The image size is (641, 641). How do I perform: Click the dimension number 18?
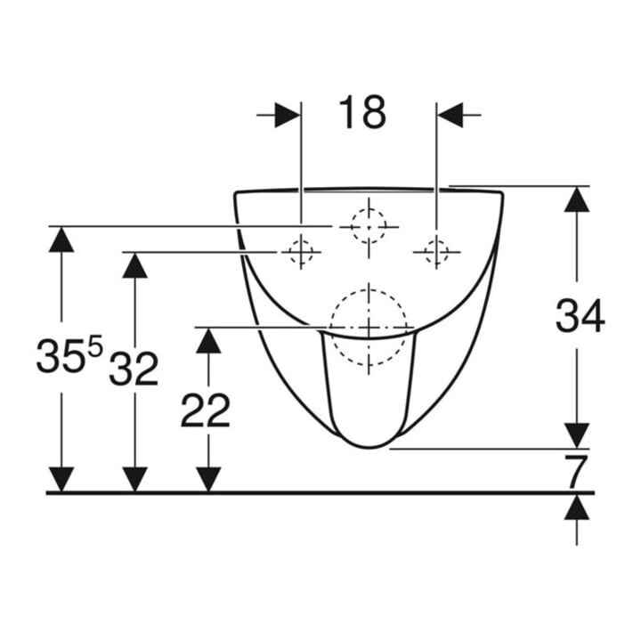[362, 112]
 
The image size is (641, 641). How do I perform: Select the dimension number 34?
[580, 315]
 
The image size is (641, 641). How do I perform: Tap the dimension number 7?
[576, 471]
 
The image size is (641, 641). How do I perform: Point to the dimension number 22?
[206, 410]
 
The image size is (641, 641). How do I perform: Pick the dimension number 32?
[134, 369]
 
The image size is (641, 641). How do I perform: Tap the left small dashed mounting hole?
[301, 252]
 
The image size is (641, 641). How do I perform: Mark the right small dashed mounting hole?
[436, 252]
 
